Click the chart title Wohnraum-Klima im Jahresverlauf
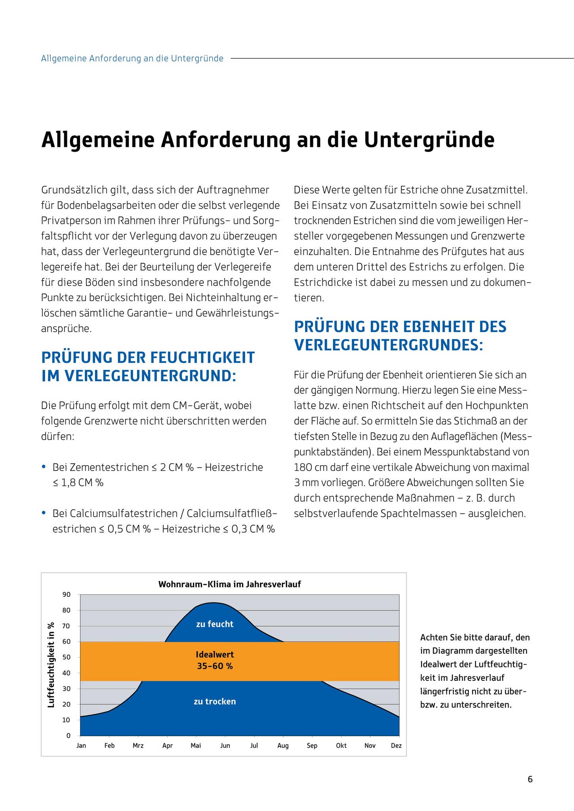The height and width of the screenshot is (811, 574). pyautogui.click(x=229, y=584)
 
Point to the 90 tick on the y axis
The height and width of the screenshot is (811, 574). pyautogui.click(x=66, y=594)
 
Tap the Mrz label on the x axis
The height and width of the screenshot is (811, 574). pyautogui.click(x=138, y=746)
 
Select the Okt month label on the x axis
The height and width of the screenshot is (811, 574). pyautogui.click(x=341, y=746)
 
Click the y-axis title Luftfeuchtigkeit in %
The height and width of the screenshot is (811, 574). pyautogui.click(x=51, y=665)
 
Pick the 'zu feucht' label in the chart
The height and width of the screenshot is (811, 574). pyautogui.click(x=215, y=624)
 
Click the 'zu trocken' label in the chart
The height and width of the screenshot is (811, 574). pyautogui.click(x=215, y=701)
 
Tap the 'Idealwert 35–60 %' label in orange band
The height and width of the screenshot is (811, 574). pyautogui.click(x=215, y=660)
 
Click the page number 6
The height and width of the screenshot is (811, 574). pyautogui.click(x=530, y=779)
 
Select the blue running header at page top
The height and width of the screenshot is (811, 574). pyautogui.click(x=132, y=59)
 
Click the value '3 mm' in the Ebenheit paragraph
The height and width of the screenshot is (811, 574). pyautogui.click(x=304, y=483)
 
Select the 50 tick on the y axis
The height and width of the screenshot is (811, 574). pyautogui.click(x=66, y=657)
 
